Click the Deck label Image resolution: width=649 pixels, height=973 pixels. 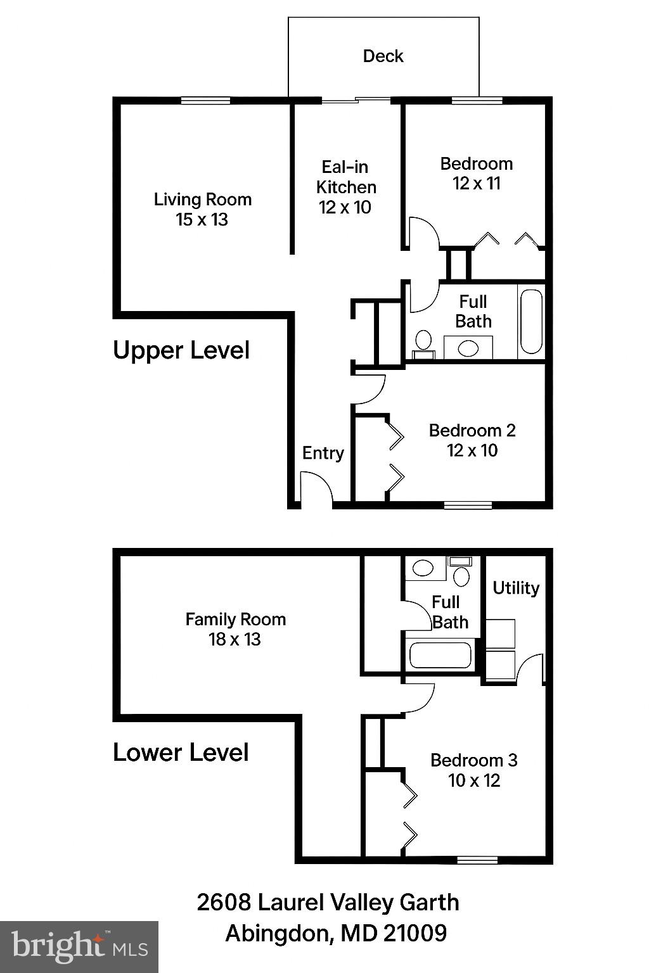[x=383, y=56]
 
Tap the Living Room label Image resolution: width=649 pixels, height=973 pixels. [x=203, y=200]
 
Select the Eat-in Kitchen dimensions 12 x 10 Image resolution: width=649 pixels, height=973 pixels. [x=345, y=208]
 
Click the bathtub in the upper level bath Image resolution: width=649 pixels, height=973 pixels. [x=531, y=321]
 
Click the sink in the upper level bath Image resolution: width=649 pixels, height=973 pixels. [x=468, y=347]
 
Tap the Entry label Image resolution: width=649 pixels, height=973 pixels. [x=323, y=453]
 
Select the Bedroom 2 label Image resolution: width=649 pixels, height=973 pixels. [x=472, y=431]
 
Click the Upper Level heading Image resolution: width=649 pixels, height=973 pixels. [x=181, y=350]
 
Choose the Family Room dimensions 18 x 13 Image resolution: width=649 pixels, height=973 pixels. [x=235, y=640]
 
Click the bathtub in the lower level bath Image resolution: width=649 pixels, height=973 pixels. [x=440, y=656]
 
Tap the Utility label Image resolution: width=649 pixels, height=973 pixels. [x=515, y=588]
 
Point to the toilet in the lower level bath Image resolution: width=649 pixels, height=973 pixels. [x=461, y=576]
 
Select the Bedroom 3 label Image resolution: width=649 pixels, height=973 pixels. [x=473, y=760]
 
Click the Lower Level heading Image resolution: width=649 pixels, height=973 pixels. [x=181, y=753]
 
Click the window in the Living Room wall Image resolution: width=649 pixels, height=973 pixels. [x=205, y=99]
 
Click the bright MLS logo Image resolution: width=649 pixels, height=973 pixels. [x=79, y=947]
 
